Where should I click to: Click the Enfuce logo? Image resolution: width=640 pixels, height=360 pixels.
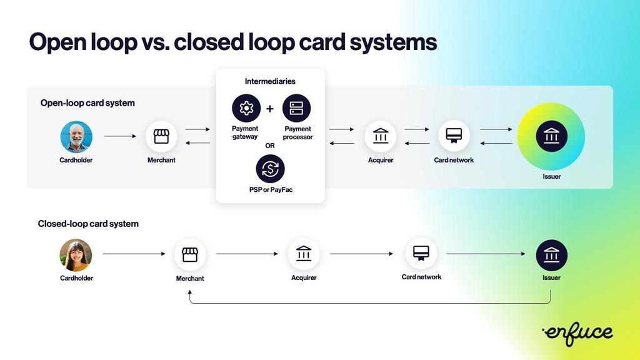(x=577, y=333)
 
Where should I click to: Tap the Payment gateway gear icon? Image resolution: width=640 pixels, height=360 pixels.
(x=246, y=108)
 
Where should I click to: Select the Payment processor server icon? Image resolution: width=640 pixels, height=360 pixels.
(x=296, y=108)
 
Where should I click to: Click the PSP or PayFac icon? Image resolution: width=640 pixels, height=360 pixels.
(x=270, y=169)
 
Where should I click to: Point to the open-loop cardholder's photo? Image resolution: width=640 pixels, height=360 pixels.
(x=76, y=137)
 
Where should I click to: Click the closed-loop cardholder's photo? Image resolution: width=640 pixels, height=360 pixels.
(x=76, y=255)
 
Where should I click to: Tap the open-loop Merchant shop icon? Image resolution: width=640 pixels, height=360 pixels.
(x=161, y=136)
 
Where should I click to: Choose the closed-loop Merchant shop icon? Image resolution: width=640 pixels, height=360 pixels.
(x=190, y=254)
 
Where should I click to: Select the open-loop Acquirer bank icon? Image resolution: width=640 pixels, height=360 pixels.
(x=380, y=136)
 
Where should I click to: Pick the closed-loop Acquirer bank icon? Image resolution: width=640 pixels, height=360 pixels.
(x=304, y=254)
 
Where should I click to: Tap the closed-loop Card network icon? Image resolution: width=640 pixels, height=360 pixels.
(x=421, y=253)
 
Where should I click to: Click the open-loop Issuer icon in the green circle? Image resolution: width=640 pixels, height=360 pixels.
(x=551, y=136)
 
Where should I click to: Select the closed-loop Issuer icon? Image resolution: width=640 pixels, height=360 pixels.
(x=551, y=255)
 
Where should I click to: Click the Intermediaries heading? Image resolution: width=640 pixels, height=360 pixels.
(x=270, y=81)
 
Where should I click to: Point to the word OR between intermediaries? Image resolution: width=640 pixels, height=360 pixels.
(x=270, y=146)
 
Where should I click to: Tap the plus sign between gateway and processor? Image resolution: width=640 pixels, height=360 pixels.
(x=270, y=109)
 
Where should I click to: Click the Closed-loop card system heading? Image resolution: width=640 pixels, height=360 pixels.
(x=88, y=224)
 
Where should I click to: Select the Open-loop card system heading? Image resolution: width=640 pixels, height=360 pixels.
(x=87, y=103)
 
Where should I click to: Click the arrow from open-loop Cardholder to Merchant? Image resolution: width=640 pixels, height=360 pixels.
(x=120, y=136)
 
